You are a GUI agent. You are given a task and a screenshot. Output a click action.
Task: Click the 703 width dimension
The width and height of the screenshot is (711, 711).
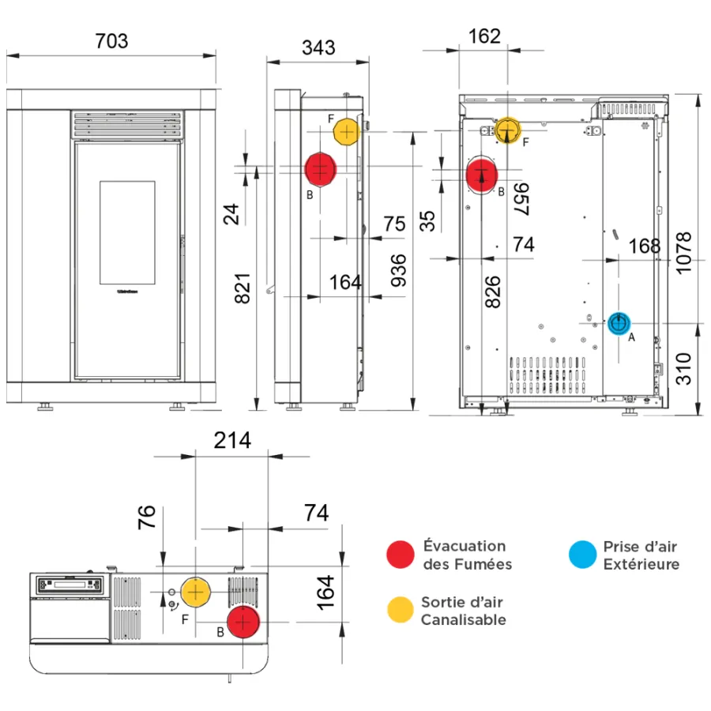111,40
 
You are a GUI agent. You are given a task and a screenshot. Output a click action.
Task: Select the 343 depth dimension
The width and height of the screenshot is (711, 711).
318,47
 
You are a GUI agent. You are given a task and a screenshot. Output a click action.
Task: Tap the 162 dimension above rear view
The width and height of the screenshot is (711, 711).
484,36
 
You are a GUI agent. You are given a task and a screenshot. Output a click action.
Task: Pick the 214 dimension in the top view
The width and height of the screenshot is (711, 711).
231,440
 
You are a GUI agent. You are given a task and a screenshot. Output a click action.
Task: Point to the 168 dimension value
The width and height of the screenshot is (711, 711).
645,246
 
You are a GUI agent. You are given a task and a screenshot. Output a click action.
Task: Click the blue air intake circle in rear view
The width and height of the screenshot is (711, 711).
619,322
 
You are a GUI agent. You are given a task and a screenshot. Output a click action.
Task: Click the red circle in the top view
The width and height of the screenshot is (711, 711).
243,623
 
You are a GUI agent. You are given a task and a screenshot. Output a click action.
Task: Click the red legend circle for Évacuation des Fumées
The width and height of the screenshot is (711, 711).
401,555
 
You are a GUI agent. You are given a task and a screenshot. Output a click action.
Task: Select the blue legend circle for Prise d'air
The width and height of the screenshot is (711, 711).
582,555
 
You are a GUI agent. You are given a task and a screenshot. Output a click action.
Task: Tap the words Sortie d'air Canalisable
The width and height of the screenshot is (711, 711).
463,611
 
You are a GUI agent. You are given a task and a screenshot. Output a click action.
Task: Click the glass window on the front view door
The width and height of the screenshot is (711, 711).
127,232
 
